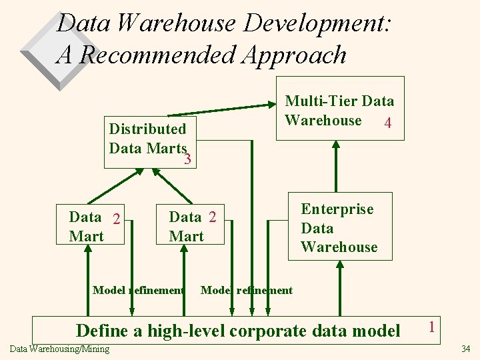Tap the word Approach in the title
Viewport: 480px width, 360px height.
tap(303, 54)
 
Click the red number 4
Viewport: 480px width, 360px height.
tap(387, 124)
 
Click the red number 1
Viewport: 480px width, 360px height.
tap(433, 327)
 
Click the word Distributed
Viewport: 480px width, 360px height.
tap(147, 129)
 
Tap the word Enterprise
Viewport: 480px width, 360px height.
tap(337, 209)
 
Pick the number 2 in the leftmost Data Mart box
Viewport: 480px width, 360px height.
tap(116, 219)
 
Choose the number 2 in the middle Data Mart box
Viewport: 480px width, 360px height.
tap(212, 217)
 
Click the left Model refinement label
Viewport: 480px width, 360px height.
tap(138, 290)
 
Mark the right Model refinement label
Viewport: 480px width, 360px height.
tap(246, 290)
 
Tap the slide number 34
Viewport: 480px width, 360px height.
tap(465, 349)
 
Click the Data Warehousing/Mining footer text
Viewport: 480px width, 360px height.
tap(60, 349)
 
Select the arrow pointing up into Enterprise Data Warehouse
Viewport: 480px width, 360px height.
tap(341, 287)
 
